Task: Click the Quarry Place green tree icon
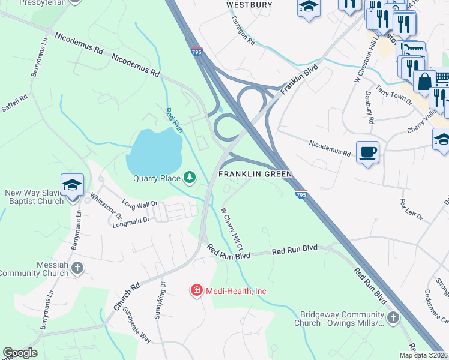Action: click(190, 176)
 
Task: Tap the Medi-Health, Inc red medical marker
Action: click(196, 291)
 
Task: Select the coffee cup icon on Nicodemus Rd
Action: click(367, 152)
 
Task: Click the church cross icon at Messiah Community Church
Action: click(77, 268)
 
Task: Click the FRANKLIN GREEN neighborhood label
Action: click(255, 174)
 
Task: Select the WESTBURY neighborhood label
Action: click(249, 5)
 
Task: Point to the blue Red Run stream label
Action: click(173, 119)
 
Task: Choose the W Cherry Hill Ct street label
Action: click(232, 229)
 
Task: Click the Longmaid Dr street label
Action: click(130, 223)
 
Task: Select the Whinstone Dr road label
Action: click(105, 205)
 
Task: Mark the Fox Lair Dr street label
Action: click(412, 207)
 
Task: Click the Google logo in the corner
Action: click(20, 353)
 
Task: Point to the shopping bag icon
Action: click(424, 81)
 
